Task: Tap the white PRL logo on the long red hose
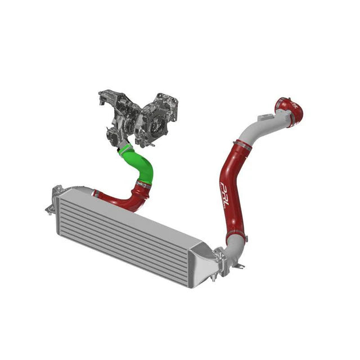pyautogui.click(x=224, y=194)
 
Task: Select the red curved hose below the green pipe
pyautogui.click(x=121, y=200)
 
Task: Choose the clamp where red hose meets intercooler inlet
pyautogui.click(x=96, y=193)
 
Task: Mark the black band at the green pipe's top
pyautogui.click(x=125, y=148)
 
